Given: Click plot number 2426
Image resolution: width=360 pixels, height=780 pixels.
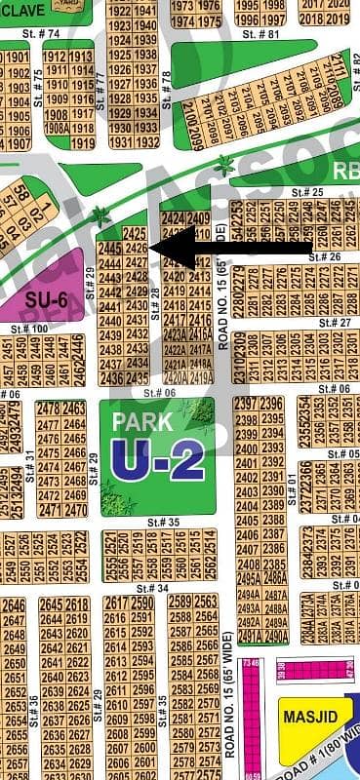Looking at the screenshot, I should (x=137, y=249).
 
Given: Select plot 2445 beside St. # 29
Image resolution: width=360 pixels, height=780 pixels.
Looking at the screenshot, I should (x=110, y=250).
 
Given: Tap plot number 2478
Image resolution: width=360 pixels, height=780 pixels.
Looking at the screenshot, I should (x=48, y=409).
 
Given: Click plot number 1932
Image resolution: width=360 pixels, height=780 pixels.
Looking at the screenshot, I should (x=146, y=141).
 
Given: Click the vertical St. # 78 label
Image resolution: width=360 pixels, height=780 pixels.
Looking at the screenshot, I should (x=166, y=88).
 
